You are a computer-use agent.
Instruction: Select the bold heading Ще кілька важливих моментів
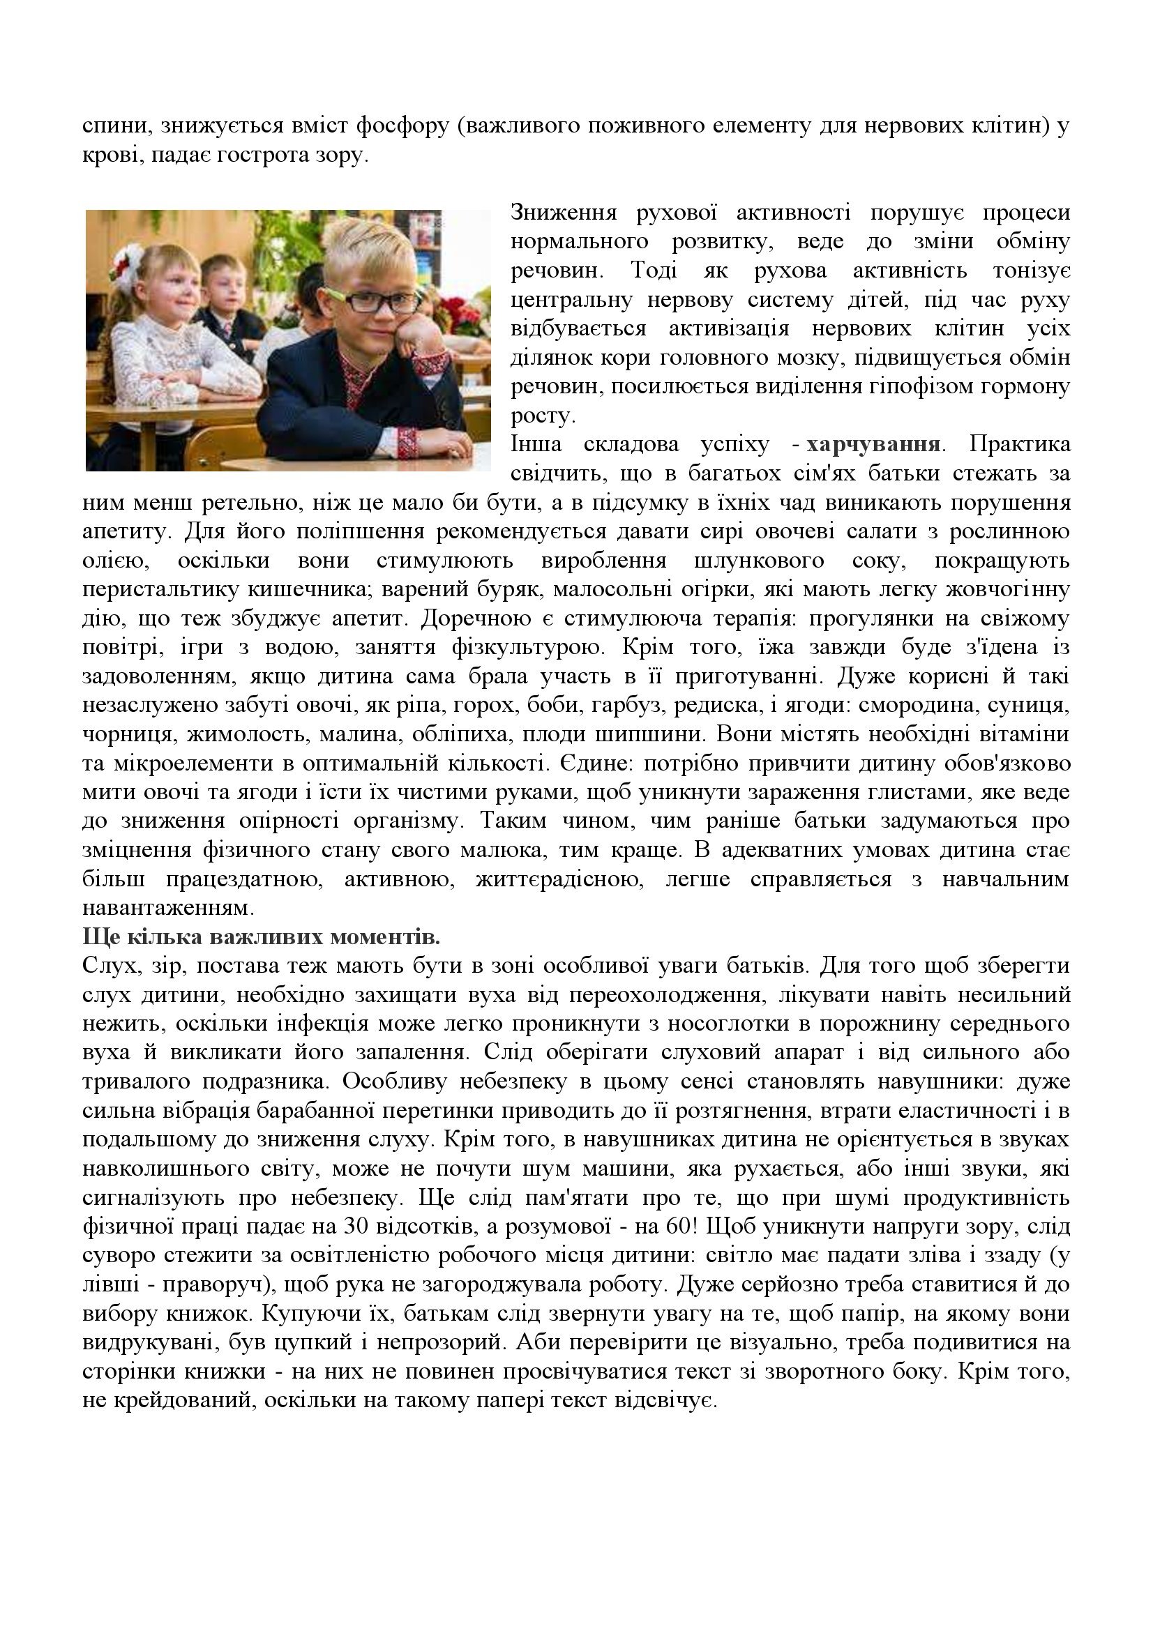pyautogui.click(x=262, y=937)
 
